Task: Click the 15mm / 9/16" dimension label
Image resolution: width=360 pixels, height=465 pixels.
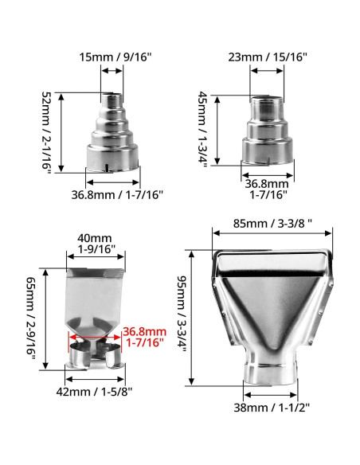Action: (115, 57)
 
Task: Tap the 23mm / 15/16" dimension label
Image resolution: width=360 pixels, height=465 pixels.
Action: (268, 57)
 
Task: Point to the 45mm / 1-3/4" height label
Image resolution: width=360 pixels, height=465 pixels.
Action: (203, 130)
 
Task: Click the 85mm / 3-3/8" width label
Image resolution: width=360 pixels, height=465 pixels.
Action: (272, 223)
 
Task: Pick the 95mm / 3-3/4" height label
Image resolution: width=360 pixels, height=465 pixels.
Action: (182, 314)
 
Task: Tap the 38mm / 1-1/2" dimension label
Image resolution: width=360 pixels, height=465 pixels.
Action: (272, 408)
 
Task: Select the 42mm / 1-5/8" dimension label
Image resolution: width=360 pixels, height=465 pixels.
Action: (94, 392)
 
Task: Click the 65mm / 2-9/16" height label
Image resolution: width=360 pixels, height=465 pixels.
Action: (31, 318)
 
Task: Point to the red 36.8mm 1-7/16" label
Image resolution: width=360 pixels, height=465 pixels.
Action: (145, 337)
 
